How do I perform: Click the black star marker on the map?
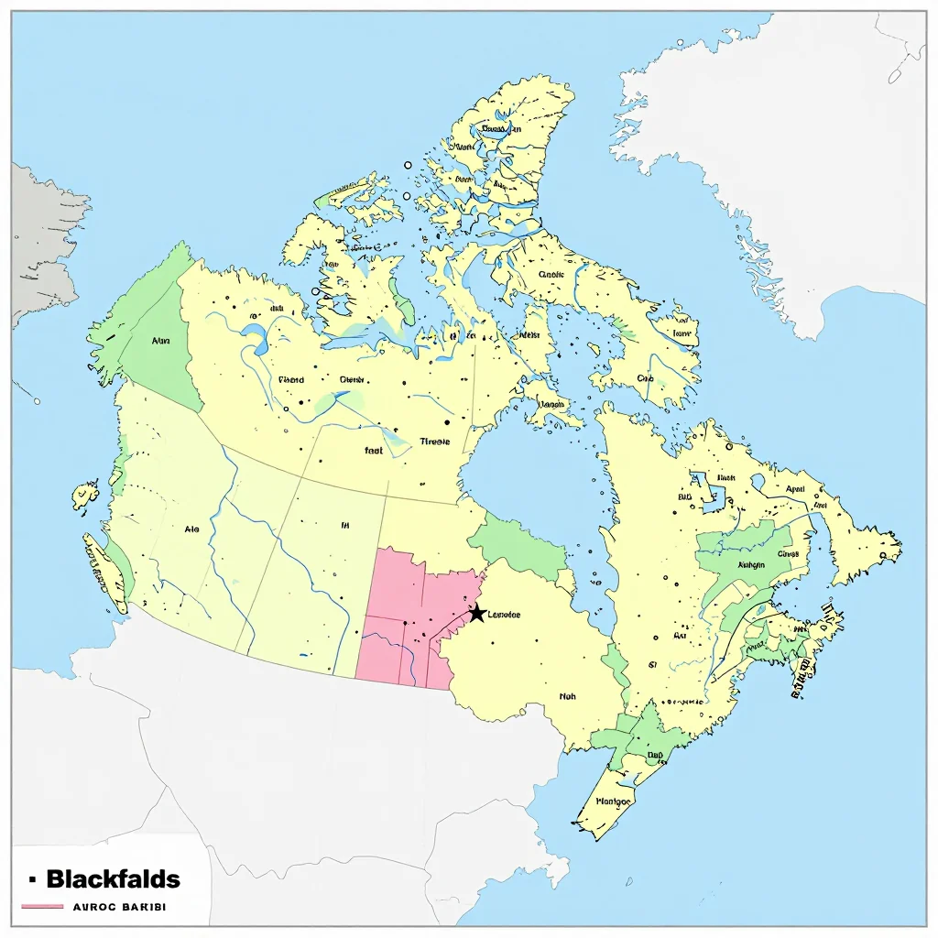[476, 613]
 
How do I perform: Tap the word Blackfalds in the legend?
[113, 880]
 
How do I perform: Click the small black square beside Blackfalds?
[32, 879]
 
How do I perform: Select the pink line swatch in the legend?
[40, 907]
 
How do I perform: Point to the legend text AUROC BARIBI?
[114, 907]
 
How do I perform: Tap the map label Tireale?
[435, 442]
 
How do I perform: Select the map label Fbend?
[290, 379]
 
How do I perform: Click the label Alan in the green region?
[160, 341]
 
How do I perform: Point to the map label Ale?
[191, 529]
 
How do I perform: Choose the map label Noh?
[568, 696]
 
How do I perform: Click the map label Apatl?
[795, 488]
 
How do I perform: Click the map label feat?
[374, 451]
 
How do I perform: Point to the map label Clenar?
[353, 379]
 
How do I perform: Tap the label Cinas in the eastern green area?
[788, 553]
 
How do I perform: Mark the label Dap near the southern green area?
[655, 756]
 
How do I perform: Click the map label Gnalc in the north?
[551, 273]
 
